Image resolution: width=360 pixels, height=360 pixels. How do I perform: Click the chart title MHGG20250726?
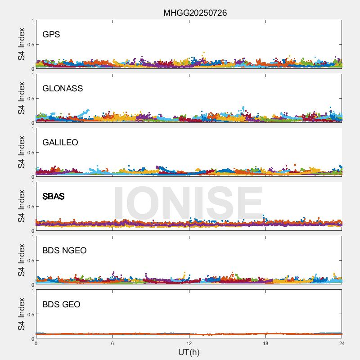[x=195, y=13]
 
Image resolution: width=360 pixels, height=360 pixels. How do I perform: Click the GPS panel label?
[x=51, y=35]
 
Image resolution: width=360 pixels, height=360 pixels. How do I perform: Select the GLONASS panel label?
[x=63, y=89]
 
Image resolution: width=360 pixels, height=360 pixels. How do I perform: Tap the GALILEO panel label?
[x=60, y=143]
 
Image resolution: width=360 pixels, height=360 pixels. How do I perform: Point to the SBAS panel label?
[x=54, y=197]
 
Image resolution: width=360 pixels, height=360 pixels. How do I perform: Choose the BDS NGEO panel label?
[x=64, y=251]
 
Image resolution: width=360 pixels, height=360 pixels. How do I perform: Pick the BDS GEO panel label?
[x=61, y=305]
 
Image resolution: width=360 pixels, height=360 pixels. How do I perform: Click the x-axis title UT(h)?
[x=189, y=352]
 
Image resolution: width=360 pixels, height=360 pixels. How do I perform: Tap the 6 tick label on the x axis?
[x=112, y=343]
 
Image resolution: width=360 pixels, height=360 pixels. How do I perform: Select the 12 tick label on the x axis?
[x=189, y=343]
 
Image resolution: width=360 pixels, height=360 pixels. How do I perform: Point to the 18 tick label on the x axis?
[x=265, y=343]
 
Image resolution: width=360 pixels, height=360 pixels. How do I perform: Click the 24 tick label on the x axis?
[x=342, y=343]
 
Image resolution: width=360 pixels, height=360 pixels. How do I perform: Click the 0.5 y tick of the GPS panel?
[x=30, y=45]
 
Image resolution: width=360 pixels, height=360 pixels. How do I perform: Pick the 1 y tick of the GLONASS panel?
[x=33, y=75]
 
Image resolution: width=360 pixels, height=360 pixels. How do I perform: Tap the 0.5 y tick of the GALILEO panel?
[x=30, y=153]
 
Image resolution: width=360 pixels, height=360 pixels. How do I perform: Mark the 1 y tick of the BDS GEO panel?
[x=33, y=291]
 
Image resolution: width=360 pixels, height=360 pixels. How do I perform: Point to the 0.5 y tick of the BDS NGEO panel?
[x=30, y=261]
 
